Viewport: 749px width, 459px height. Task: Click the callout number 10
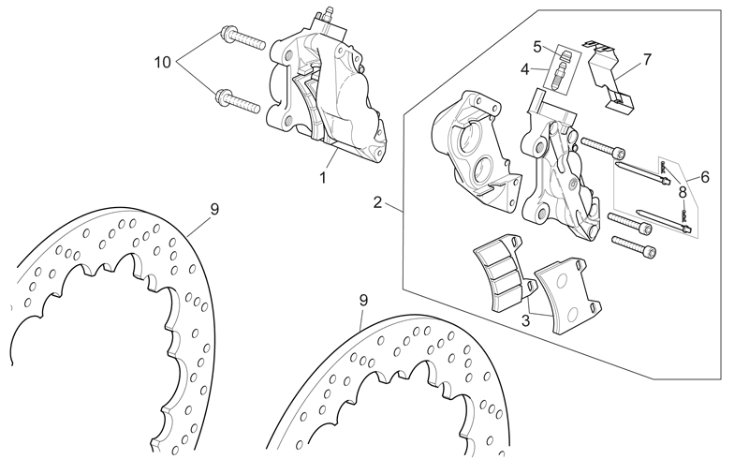pyautogui.click(x=162, y=62)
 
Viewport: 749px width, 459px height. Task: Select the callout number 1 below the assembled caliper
pyautogui.click(x=323, y=177)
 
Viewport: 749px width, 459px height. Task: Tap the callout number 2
pyautogui.click(x=377, y=202)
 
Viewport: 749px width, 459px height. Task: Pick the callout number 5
pyautogui.click(x=705, y=177)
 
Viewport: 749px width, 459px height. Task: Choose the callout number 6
pyautogui.click(x=647, y=60)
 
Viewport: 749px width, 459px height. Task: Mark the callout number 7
pyautogui.click(x=683, y=193)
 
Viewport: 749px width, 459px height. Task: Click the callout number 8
pyautogui.click(x=214, y=209)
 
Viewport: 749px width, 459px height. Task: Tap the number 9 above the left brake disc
pyautogui.click(x=363, y=301)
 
